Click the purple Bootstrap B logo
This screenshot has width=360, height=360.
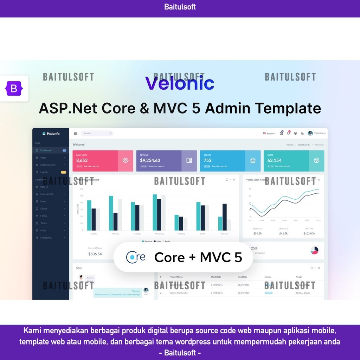[14, 89]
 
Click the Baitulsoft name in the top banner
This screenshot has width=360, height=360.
[180, 7]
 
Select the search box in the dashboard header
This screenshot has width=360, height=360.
[97, 133]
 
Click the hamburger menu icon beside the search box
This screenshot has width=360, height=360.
[75, 133]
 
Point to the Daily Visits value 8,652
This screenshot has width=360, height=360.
[82, 160]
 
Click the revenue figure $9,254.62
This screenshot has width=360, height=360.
[150, 160]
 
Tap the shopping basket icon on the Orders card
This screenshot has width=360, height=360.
[253, 160]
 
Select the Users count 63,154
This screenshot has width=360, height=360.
[275, 160]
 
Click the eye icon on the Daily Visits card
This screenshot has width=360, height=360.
[126, 160]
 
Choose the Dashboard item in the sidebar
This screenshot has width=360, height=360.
[46, 150]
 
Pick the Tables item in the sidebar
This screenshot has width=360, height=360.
[44, 223]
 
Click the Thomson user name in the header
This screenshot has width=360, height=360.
[319, 133]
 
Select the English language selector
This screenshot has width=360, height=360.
[269, 133]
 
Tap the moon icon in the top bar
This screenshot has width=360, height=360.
[302, 133]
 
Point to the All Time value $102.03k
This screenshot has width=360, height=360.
[309, 233]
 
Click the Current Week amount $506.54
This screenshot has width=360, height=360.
[95, 254]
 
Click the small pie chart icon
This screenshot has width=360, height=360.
[314, 250]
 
